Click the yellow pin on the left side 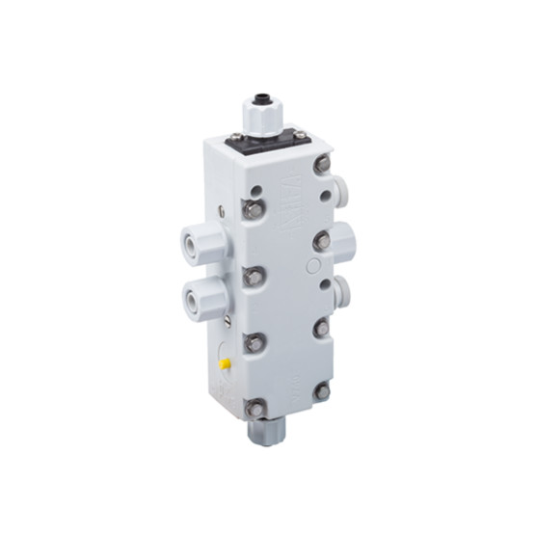pyautogui.click(x=225, y=365)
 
